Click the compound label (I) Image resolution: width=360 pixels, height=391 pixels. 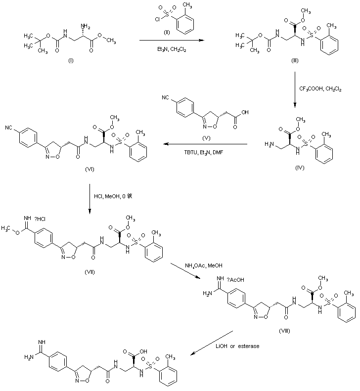point(67,63)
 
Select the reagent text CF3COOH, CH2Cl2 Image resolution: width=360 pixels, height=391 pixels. point(320,88)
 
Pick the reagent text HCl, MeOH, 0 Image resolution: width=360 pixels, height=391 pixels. point(113,197)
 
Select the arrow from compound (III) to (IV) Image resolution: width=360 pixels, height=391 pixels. point(295,89)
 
